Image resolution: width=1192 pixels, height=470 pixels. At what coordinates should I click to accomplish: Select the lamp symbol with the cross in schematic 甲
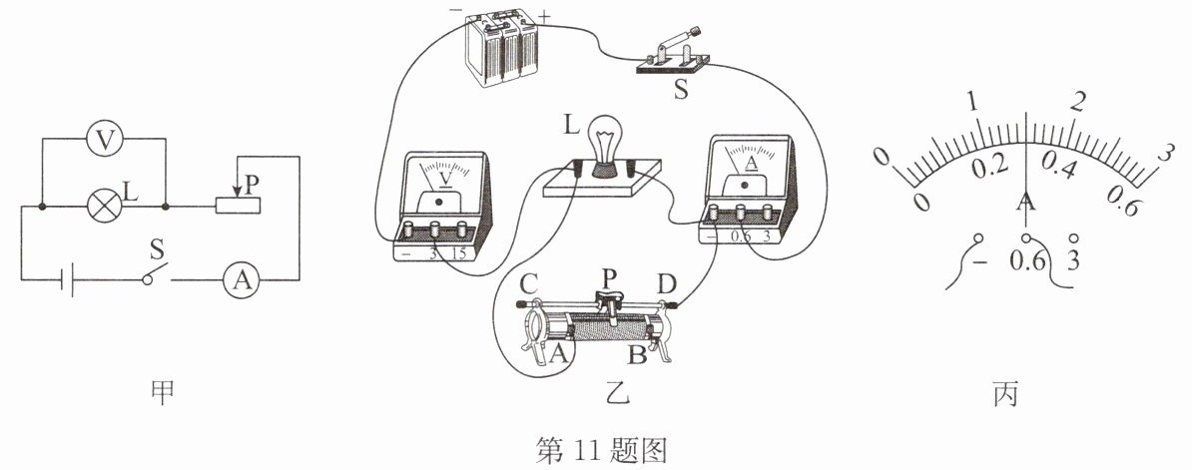click(x=103, y=206)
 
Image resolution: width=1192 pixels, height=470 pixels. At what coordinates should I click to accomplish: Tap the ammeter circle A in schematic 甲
click(x=242, y=281)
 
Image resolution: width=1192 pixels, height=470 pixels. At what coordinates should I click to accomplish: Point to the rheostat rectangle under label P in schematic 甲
click(x=239, y=205)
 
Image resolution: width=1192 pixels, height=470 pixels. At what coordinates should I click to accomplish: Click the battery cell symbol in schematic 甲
click(x=68, y=281)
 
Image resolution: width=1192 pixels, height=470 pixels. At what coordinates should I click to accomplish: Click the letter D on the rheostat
click(x=667, y=285)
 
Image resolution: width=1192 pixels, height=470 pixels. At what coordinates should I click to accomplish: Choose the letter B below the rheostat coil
click(x=637, y=353)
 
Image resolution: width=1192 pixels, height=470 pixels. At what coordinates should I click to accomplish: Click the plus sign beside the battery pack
click(x=544, y=15)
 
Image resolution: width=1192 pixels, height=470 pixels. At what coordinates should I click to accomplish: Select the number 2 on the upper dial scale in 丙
click(x=1076, y=103)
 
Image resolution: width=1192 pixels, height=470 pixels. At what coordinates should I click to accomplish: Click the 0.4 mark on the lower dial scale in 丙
click(x=1059, y=166)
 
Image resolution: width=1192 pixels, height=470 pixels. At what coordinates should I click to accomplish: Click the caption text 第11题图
click(x=601, y=451)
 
